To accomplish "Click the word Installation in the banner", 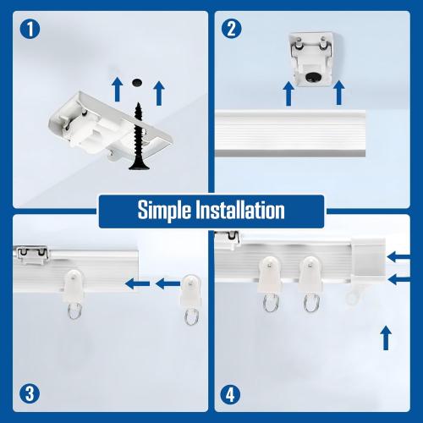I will pyautogui.click(x=239, y=211).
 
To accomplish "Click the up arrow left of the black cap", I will pyautogui.click(x=116, y=86).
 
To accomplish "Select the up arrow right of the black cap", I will pyautogui.click(x=159, y=91).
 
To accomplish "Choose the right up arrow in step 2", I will pyautogui.click(x=339, y=93).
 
